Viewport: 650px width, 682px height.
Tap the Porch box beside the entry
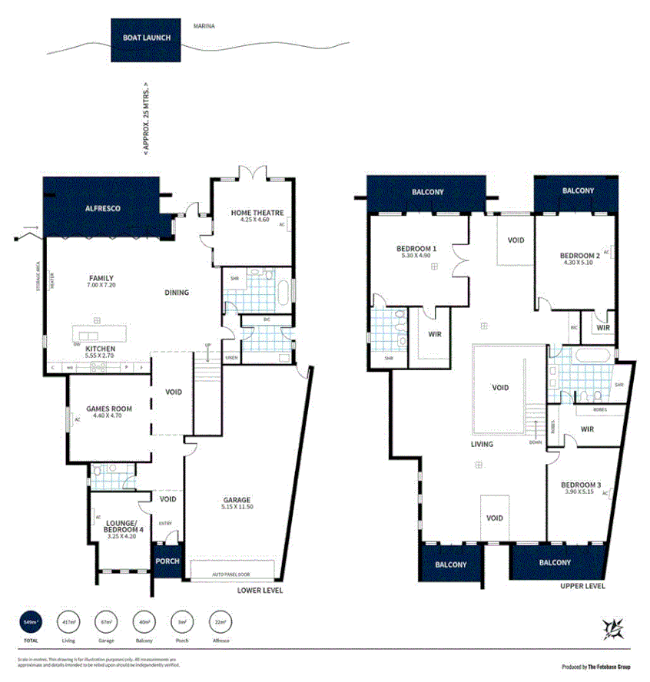click(167, 561)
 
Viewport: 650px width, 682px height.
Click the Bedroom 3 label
click(580, 485)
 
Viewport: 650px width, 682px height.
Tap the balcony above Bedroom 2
click(577, 191)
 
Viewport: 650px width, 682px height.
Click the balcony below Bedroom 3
click(555, 562)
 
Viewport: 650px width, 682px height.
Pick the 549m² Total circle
click(31, 621)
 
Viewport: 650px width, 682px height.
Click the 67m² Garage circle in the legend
click(107, 621)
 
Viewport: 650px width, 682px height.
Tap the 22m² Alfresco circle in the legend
click(221, 621)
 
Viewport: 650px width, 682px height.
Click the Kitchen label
click(101, 349)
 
